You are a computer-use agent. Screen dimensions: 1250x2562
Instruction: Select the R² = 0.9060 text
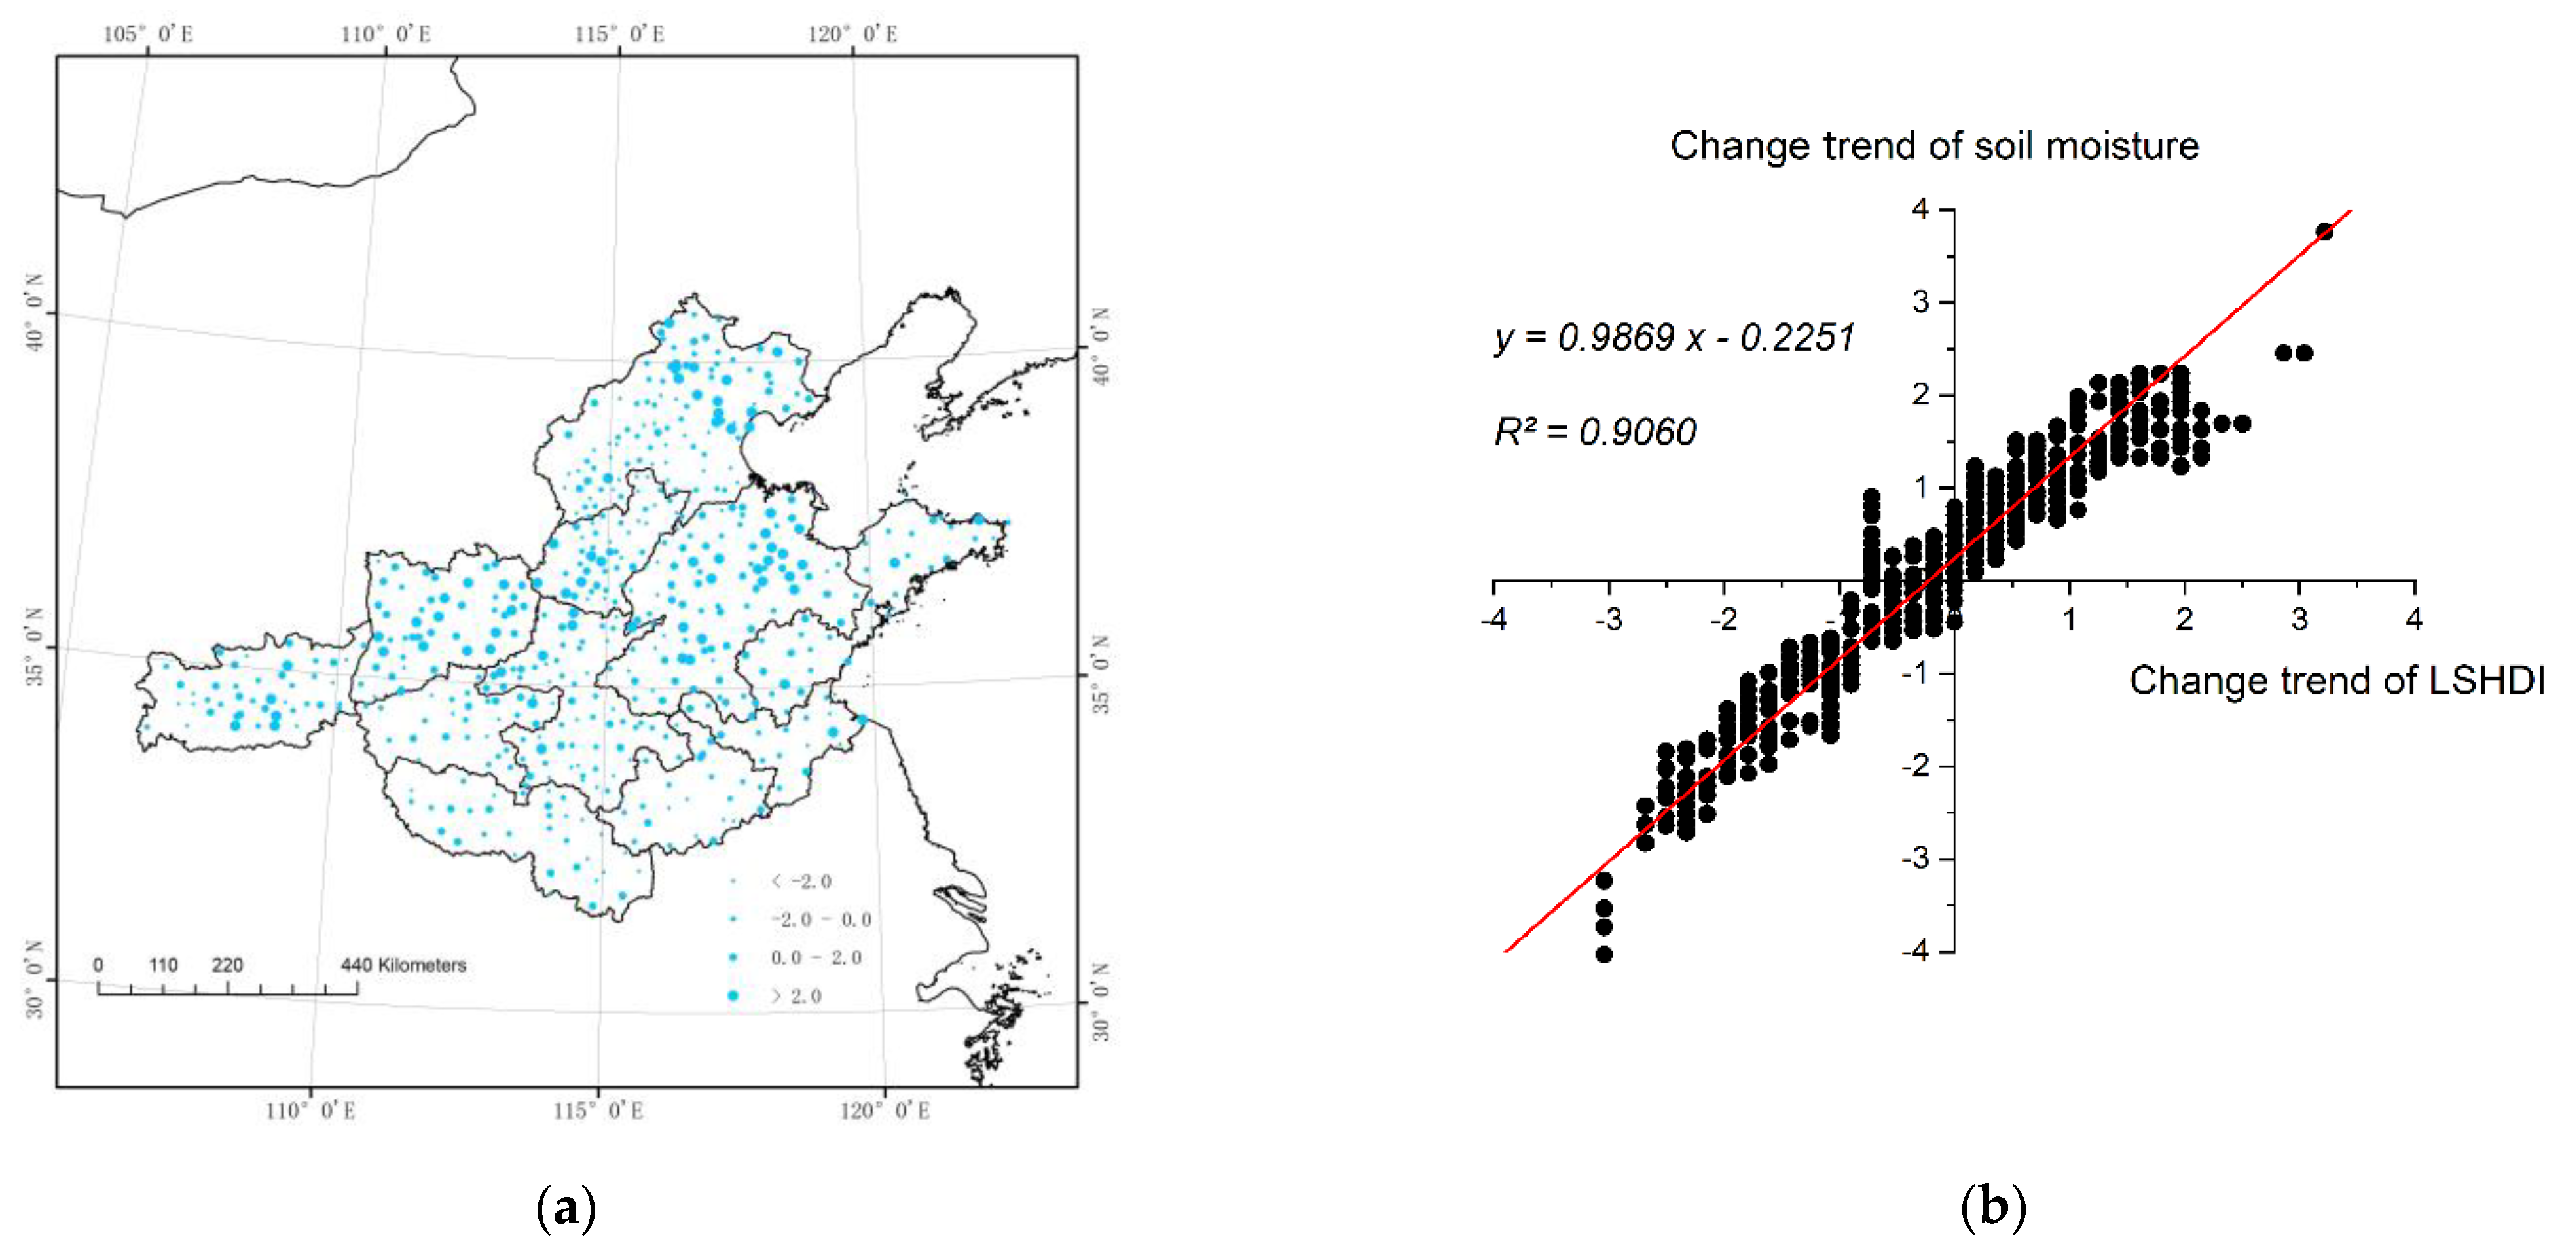1596,431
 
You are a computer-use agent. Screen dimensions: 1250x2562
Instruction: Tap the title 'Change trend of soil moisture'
1934,146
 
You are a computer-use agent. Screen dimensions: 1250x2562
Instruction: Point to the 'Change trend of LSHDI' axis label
2336,681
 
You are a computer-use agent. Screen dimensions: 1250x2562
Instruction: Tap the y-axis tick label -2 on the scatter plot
1916,766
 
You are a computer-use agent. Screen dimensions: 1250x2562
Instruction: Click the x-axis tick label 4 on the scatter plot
2414,620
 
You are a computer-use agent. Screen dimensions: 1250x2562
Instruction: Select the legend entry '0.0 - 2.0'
816,957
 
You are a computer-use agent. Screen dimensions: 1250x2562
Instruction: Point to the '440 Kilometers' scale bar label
403,965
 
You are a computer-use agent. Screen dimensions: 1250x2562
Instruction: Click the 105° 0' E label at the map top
148,34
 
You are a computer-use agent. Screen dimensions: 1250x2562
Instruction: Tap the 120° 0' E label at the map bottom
884,1111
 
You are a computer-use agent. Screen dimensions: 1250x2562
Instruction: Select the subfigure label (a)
566,1208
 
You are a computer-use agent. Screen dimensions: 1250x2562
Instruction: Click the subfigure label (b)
1992,1207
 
